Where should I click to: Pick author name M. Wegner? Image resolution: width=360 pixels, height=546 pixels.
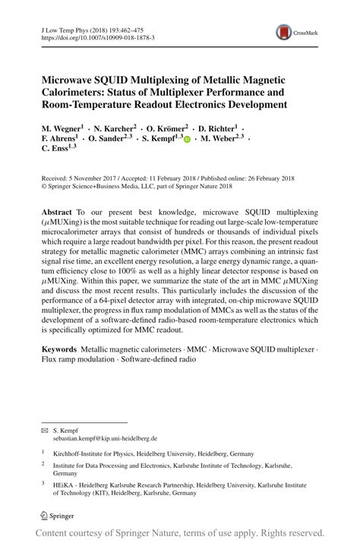coord(62,129)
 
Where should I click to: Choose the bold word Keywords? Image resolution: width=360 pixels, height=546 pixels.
coord(60,349)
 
